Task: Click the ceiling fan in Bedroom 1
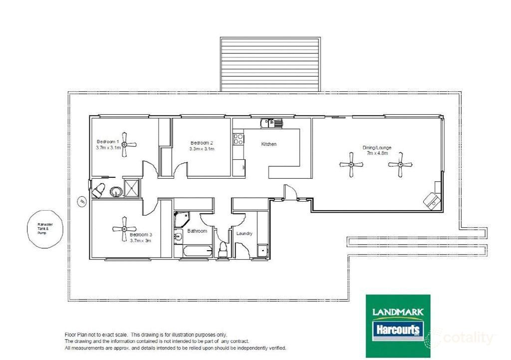pos(123,145)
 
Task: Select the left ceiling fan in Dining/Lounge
pos(351,164)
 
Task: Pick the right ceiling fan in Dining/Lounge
pos(399,164)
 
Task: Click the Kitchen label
pos(269,144)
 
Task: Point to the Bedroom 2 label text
pos(202,142)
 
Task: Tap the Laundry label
pos(245,234)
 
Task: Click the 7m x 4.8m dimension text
pos(377,154)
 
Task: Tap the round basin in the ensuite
pos(115,191)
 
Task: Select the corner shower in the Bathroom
pos(181,219)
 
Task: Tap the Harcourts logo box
pos(398,330)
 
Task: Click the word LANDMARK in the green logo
pos(398,312)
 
